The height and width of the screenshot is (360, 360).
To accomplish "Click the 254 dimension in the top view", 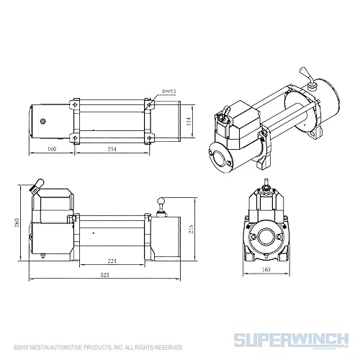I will pos(112,149).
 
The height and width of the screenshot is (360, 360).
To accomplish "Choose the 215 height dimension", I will pos(189,230).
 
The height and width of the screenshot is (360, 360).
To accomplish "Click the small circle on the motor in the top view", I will pos(44,121).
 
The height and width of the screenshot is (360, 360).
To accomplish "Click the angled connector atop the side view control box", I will pos(35,188).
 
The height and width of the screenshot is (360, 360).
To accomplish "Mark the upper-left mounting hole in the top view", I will pos(73,102).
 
